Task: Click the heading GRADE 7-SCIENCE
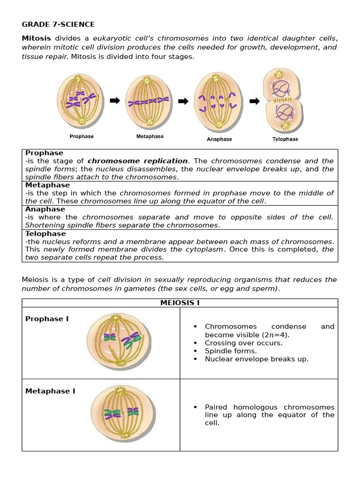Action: click(x=58, y=24)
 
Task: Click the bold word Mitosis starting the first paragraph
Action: click(x=37, y=38)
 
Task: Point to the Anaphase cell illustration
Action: click(x=218, y=101)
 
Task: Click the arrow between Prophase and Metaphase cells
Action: click(x=115, y=100)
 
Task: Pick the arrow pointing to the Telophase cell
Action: click(x=255, y=101)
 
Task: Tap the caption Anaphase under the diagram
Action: click(x=219, y=139)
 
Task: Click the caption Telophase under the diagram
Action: click(x=285, y=139)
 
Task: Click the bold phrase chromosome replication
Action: click(x=137, y=161)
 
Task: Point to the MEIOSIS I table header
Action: click(x=180, y=303)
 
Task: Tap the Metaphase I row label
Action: click(x=50, y=391)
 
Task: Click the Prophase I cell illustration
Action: click(x=119, y=340)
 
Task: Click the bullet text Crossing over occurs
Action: click(x=243, y=343)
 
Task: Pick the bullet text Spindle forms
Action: click(x=231, y=351)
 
